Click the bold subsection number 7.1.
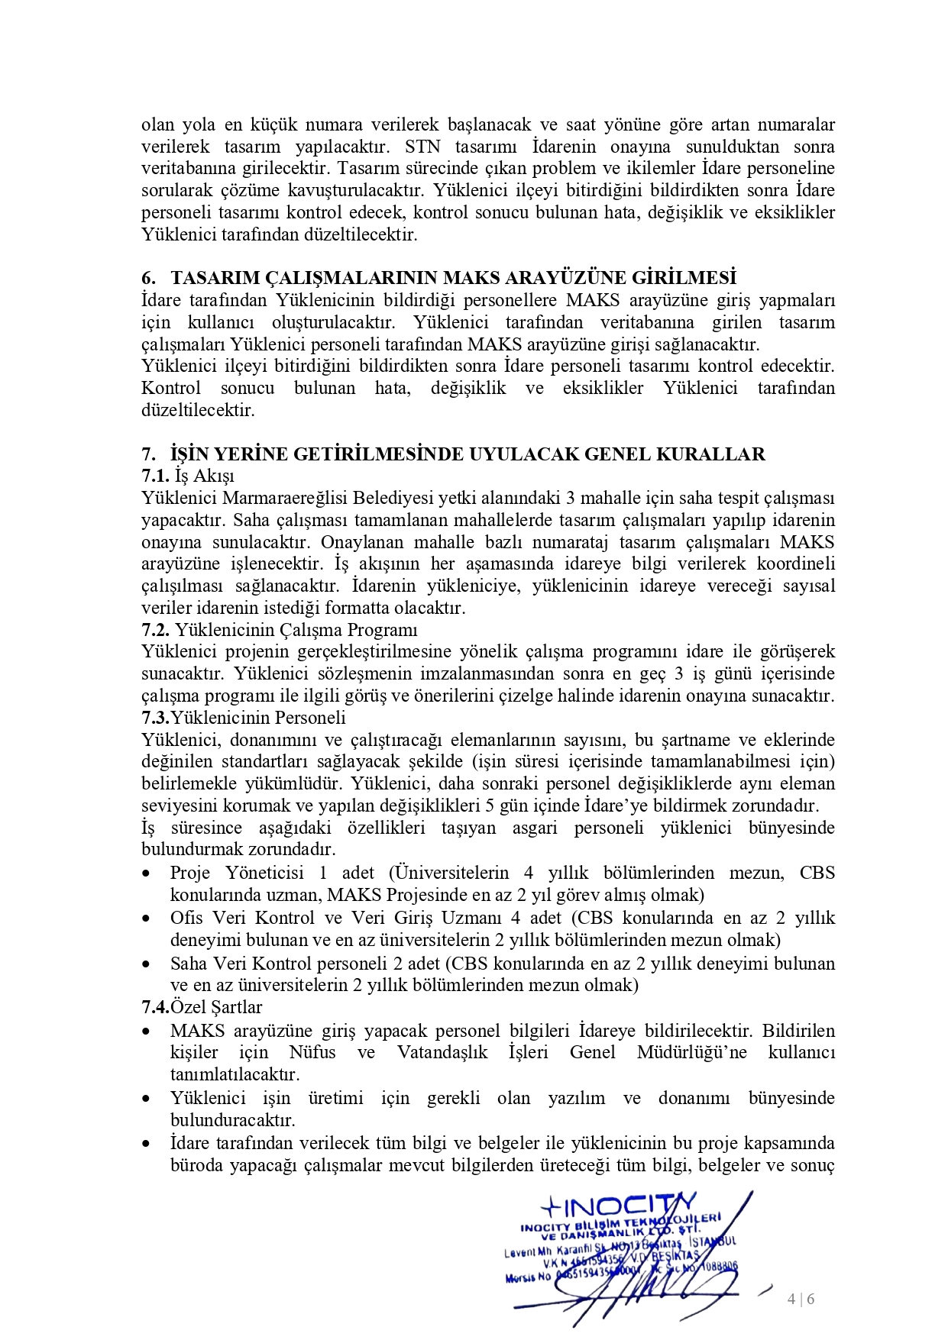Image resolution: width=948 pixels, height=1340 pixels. (155, 476)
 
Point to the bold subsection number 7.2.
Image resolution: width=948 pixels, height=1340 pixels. (155, 631)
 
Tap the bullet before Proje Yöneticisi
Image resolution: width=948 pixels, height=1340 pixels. (147, 874)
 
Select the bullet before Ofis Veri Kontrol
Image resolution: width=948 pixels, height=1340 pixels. (147, 919)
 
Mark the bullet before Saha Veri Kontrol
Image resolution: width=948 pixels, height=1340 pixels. (147, 964)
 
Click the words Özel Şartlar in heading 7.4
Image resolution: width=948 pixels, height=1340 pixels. (217, 1008)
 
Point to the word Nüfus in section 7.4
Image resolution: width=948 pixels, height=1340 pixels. (312, 1053)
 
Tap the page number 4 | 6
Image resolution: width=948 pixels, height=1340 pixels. (801, 1299)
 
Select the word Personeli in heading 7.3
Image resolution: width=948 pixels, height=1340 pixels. (310, 718)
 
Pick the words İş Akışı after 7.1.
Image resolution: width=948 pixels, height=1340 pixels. (205, 476)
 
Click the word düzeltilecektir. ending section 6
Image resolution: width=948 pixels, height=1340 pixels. (198, 411)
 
